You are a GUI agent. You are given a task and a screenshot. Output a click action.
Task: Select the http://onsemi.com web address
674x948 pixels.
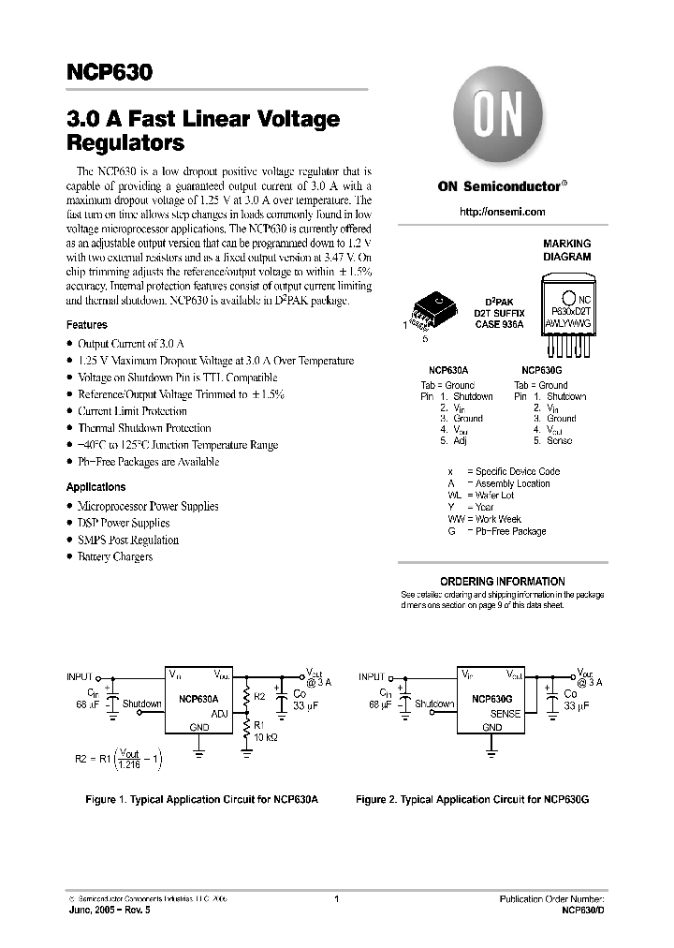click(503, 213)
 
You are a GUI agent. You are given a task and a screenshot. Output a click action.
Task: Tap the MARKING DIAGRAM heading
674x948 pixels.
click(567, 249)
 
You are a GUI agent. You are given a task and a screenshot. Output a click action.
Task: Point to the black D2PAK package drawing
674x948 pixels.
click(436, 307)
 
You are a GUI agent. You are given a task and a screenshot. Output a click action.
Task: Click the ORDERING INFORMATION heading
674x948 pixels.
click(503, 581)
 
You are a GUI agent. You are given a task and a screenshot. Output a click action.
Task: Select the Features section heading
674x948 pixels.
click(86, 325)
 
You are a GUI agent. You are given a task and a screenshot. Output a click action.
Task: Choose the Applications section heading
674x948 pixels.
click(95, 487)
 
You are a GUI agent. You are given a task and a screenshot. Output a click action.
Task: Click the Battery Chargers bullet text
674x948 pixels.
click(115, 557)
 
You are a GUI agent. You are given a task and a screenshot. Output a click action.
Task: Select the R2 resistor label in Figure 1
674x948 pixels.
click(261, 698)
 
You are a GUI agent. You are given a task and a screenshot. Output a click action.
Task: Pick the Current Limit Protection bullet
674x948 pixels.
click(132, 411)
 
